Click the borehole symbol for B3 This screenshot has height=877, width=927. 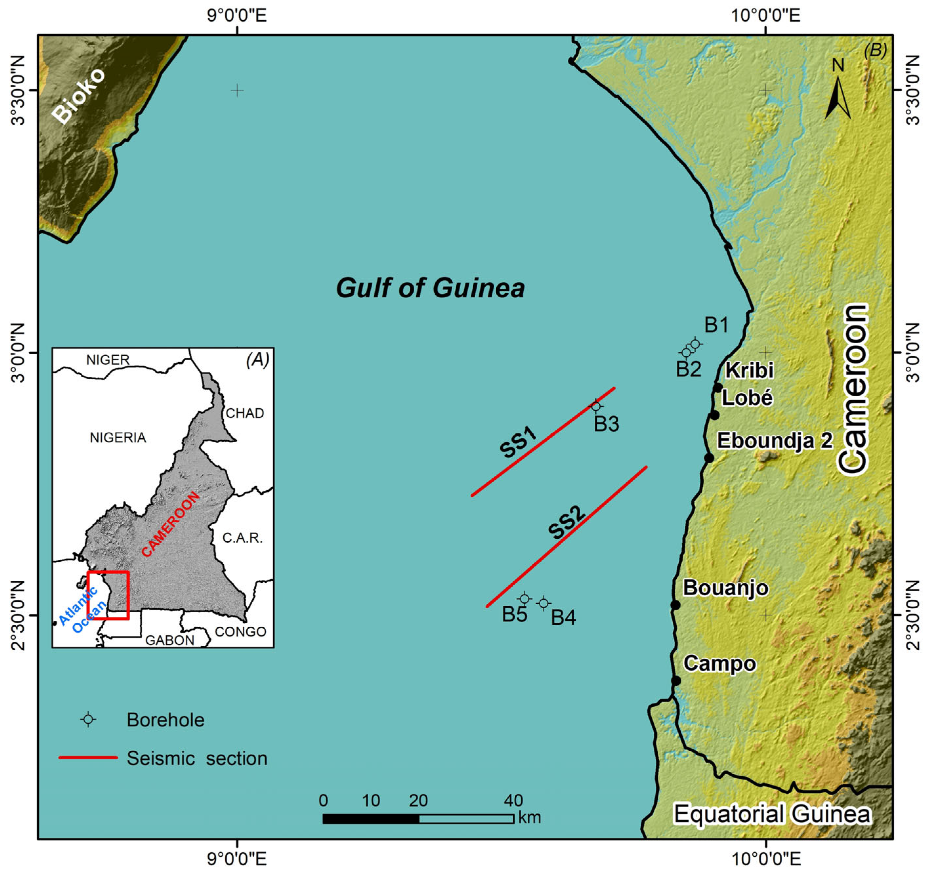click(x=596, y=406)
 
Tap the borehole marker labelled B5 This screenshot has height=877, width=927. click(x=524, y=598)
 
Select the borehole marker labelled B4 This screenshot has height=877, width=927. click(x=543, y=603)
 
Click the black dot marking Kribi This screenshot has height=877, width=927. click(x=718, y=387)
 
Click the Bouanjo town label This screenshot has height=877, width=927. click(x=726, y=588)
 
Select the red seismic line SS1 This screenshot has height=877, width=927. click(x=542, y=442)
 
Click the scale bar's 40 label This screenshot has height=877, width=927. click(x=513, y=801)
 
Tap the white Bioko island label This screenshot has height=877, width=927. click(x=78, y=96)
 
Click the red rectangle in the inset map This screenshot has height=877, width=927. click(x=108, y=595)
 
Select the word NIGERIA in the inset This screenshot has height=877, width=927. click(x=118, y=438)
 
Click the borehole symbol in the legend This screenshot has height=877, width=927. click(x=88, y=720)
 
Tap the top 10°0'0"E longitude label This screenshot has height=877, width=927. click(x=765, y=15)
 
